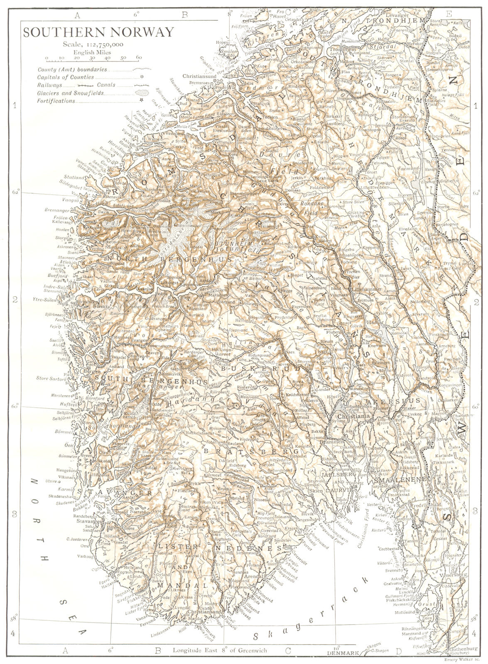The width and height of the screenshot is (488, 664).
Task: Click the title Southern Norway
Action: click(x=98, y=32)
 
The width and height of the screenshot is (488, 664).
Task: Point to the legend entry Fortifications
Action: click(x=56, y=101)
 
